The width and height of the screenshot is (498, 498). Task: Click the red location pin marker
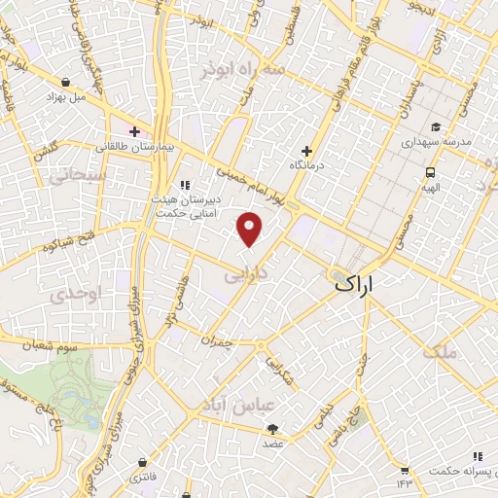(x=250, y=228)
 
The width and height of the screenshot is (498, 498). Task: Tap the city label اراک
(x=354, y=284)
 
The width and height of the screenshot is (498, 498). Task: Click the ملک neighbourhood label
(x=439, y=352)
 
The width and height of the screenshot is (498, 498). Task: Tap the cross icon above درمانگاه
(x=307, y=151)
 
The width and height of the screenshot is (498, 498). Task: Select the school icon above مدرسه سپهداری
(x=435, y=127)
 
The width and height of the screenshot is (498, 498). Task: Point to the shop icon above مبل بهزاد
(x=65, y=83)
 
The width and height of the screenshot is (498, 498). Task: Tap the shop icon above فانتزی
(x=144, y=463)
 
